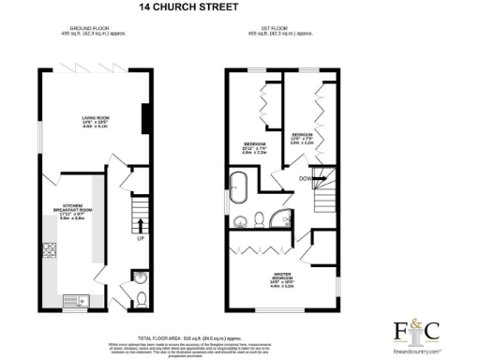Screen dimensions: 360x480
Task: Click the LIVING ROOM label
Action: point(95,120)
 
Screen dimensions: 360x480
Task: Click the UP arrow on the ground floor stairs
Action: point(141,225)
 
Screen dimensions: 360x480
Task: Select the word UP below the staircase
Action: point(141,238)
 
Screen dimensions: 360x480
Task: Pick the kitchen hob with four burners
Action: point(49,250)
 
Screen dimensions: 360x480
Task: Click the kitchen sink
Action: point(71,301)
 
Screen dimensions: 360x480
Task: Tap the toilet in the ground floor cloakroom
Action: point(140,299)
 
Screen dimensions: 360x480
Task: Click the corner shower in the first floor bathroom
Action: point(278,219)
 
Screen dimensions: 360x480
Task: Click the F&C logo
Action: point(419,331)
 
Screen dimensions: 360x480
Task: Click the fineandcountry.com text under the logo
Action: point(419,350)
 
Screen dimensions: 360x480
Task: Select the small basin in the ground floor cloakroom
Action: point(140,277)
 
